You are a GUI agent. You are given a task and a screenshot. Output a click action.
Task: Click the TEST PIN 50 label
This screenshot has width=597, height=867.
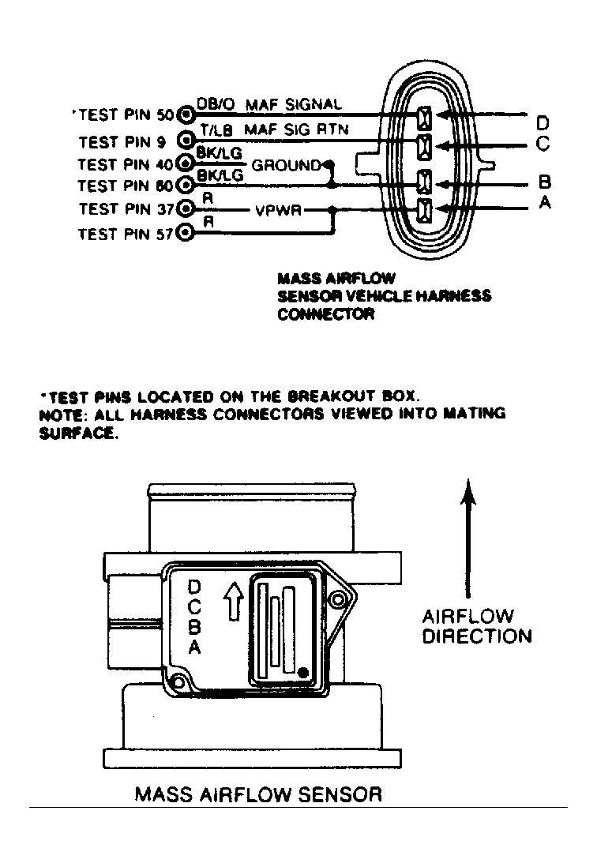click(x=125, y=115)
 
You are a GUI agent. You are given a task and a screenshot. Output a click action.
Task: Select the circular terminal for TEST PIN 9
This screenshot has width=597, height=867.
click(x=185, y=141)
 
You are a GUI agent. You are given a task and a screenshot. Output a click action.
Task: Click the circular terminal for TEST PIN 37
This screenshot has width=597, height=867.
click(x=185, y=209)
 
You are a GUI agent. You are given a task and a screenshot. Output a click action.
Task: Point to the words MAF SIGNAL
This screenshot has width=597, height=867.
click(x=293, y=104)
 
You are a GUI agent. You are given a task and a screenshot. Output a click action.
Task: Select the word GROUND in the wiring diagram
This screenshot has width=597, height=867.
click(x=286, y=166)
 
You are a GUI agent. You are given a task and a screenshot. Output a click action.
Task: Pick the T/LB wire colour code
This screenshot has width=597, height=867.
click(x=215, y=129)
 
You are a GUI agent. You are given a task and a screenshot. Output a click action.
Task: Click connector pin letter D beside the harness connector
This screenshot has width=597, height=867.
click(x=543, y=123)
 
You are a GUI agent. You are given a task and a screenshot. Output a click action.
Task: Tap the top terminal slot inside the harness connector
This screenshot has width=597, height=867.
click(x=424, y=118)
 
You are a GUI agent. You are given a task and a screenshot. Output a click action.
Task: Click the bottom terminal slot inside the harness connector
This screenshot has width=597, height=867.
click(x=424, y=210)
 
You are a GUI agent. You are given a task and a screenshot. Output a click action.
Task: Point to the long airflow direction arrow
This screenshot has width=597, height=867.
click(x=469, y=537)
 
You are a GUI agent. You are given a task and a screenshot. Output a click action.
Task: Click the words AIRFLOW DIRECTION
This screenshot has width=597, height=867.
click(x=476, y=626)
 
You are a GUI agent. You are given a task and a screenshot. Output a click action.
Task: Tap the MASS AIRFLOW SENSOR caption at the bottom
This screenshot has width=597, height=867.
click(x=258, y=793)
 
